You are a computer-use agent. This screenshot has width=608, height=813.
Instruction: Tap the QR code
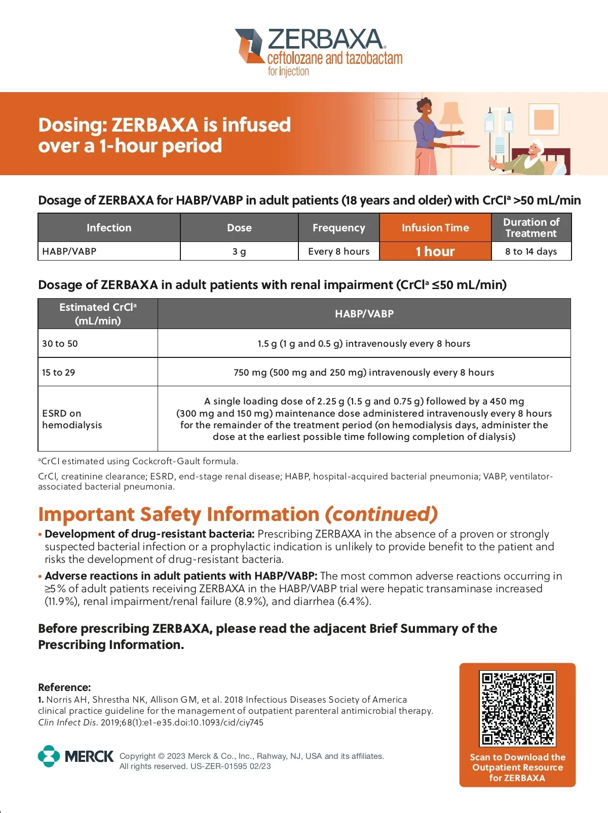click(517, 708)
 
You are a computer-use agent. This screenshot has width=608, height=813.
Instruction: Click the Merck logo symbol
click(49, 756)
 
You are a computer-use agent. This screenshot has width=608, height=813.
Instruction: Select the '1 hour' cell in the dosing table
click(435, 252)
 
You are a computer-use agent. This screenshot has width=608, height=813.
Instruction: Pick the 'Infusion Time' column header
click(435, 228)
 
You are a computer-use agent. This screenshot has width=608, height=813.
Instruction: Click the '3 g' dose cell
click(239, 252)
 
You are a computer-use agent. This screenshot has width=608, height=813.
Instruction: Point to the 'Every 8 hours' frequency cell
click(338, 252)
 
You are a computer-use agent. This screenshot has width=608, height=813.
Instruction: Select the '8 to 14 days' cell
click(531, 252)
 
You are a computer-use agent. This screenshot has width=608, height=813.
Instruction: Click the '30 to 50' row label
click(60, 344)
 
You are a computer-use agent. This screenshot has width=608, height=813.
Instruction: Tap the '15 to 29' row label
click(59, 373)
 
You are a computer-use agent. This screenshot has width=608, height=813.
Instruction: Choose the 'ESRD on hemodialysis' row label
click(72, 419)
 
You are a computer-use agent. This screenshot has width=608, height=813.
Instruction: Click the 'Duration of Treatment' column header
click(531, 228)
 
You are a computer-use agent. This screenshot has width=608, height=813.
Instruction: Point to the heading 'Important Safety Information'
click(178, 514)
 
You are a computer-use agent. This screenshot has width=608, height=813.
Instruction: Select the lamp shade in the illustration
click(451, 113)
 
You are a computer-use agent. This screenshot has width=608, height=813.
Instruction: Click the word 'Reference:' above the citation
click(64, 687)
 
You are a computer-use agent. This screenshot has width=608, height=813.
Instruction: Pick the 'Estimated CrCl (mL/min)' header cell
click(98, 314)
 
